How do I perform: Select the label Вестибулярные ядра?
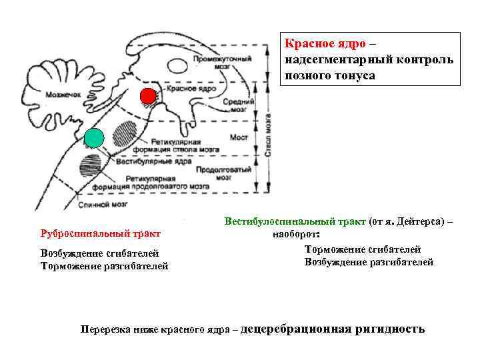(154, 161)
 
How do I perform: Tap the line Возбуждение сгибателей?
(99, 253)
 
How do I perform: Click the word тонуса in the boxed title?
(355, 75)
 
